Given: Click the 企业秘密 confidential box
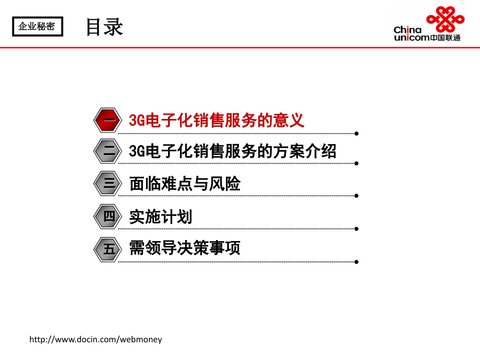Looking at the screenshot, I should click(x=37, y=26).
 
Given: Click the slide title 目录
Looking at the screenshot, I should click(x=104, y=27).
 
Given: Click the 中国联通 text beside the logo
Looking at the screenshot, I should click(x=446, y=38).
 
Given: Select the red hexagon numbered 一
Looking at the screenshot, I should click(x=108, y=121).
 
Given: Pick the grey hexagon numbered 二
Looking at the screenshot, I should click(x=108, y=152).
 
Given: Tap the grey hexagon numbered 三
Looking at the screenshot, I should click(x=108, y=184).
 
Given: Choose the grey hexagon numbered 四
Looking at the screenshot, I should click(x=108, y=216).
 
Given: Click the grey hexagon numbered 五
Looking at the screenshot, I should click(x=108, y=248).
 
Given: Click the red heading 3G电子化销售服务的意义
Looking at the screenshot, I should click(x=217, y=121).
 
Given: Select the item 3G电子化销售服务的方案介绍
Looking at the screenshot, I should click(x=233, y=152).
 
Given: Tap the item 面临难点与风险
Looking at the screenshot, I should click(x=185, y=184).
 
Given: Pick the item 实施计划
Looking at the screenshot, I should click(x=161, y=216).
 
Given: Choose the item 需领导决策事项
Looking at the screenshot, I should click(x=185, y=248).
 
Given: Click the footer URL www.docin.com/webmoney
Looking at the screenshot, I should click(x=96, y=340).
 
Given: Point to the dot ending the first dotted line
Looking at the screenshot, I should click(x=356, y=133).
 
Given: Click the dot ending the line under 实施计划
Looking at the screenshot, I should click(x=356, y=228).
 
